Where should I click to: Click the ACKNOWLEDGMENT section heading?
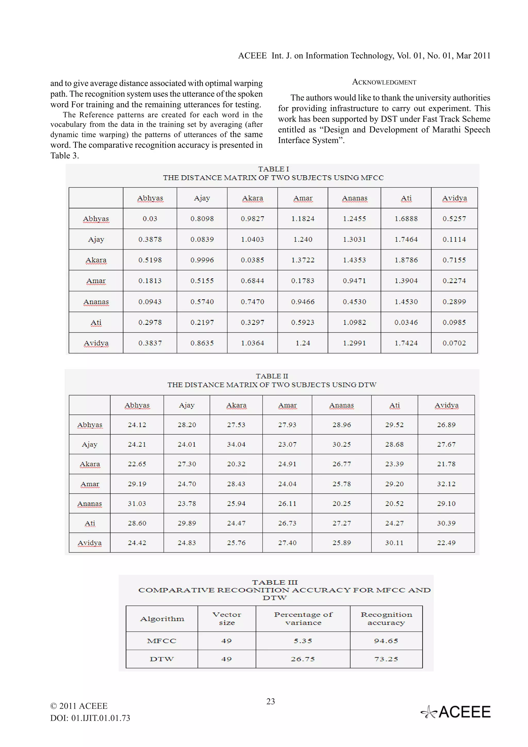point(384,82)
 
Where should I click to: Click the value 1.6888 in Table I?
point(406,219)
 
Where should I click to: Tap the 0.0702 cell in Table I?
point(454,343)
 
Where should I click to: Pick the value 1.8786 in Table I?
point(406,260)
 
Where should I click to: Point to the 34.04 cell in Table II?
point(236,444)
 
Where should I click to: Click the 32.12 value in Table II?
point(446,484)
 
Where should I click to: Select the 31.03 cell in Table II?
point(137,504)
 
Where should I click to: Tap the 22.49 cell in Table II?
point(446,543)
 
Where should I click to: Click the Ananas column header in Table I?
point(354,198)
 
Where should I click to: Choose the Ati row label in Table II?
point(90,523)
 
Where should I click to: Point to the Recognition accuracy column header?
point(386,618)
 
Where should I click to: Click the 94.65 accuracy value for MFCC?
point(386,641)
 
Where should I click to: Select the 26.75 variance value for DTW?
point(303,659)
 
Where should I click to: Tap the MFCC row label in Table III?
point(162,641)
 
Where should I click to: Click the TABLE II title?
point(272,376)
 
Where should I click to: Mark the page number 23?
point(271,701)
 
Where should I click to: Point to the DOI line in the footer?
point(90,718)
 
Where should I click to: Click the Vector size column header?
point(227,618)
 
